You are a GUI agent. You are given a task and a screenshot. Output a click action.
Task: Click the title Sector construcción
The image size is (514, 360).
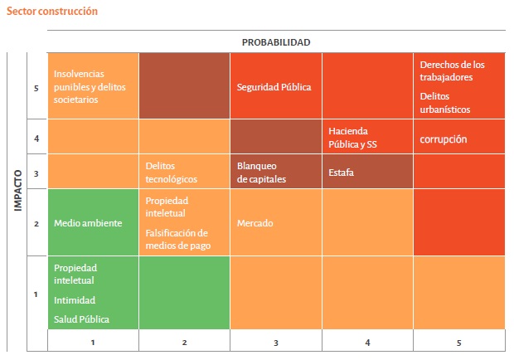(x=51, y=12)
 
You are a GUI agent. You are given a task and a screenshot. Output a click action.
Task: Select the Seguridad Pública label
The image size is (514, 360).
(x=274, y=87)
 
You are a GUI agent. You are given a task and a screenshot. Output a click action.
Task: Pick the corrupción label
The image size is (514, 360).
(x=444, y=140)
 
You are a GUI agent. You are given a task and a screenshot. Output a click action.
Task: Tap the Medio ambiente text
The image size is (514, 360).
(x=88, y=223)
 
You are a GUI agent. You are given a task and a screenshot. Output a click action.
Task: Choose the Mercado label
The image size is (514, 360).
(x=255, y=223)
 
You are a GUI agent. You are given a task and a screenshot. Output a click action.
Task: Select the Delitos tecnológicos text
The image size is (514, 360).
(x=172, y=173)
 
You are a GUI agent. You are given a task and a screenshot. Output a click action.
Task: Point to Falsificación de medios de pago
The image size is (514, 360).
(x=177, y=239)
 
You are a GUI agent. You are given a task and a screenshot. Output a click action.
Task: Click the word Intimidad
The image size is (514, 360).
(x=75, y=300)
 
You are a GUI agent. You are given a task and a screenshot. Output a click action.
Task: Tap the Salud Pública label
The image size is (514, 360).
(x=82, y=319)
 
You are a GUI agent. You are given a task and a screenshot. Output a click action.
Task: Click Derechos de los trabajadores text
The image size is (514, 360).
(x=452, y=71)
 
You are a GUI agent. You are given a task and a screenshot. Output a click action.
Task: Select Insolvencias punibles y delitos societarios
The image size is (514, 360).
(x=88, y=86)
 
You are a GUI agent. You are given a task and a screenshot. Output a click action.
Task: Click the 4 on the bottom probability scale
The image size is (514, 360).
(x=367, y=342)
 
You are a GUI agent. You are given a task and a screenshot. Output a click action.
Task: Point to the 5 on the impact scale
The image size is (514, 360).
(x=36, y=87)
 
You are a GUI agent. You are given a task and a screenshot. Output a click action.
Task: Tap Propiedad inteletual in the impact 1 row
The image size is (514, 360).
(x=75, y=275)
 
